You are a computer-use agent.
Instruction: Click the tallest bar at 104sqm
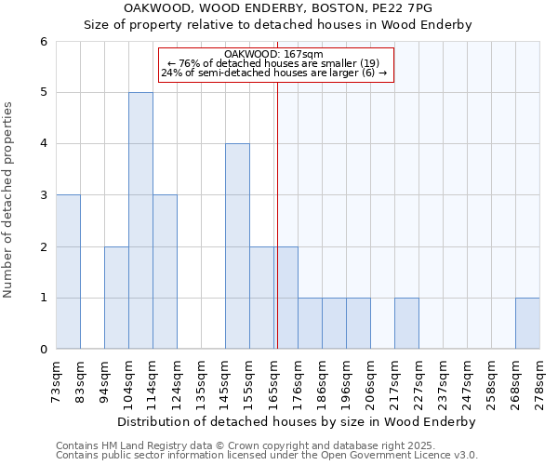[x=140, y=220]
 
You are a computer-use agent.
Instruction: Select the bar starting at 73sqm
[x=68, y=272]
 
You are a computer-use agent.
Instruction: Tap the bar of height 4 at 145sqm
[x=237, y=246]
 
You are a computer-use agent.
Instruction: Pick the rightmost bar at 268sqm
[x=527, y=324]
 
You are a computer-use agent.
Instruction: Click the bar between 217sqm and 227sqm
[x=406, y=324]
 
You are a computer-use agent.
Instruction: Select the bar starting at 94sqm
[x=116, y=298]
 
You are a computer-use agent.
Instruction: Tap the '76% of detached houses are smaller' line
[x=276, y=63]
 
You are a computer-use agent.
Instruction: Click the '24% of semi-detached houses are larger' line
[x=276, y=73]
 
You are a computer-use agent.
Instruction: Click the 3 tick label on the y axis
[x=43, y=195]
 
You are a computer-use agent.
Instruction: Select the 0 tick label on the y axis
[x=43, y=350]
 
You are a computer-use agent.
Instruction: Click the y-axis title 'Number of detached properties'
[x=10, y=201]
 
